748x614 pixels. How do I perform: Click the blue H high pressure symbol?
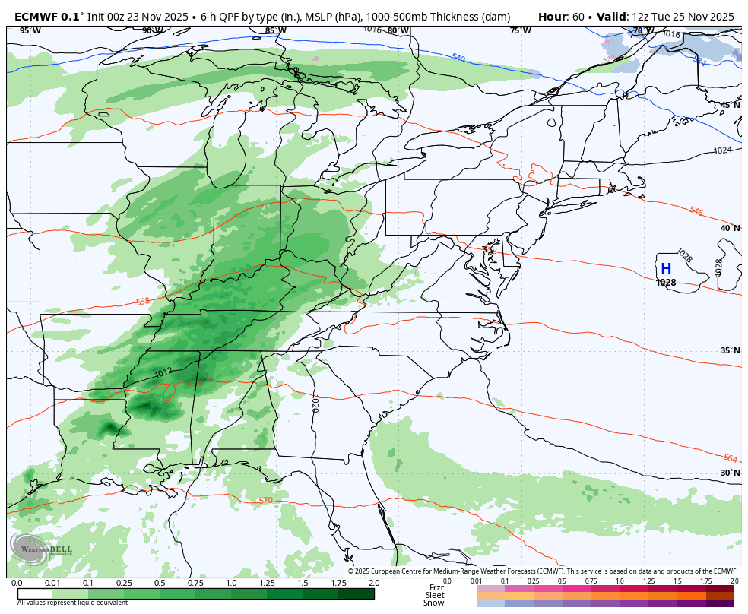666,268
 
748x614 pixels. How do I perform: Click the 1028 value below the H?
666,283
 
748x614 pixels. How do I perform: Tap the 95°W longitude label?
30,30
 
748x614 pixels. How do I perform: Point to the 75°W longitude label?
521,30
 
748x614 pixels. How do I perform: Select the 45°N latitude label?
730,105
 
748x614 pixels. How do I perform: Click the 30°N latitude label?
730,473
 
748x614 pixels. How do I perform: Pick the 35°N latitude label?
730,350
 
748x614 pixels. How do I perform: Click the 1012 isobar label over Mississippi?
163,372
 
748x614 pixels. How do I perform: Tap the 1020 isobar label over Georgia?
314,403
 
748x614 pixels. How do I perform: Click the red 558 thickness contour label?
143,302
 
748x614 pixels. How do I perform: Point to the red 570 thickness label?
265,500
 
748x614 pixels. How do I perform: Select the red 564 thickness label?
730,458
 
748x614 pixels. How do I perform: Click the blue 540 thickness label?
458,58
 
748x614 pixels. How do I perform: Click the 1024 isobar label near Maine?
722,150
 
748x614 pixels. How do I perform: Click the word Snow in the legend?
434,603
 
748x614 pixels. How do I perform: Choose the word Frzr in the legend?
436,587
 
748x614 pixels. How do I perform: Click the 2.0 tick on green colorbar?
373,583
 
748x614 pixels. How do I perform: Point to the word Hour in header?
553,17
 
